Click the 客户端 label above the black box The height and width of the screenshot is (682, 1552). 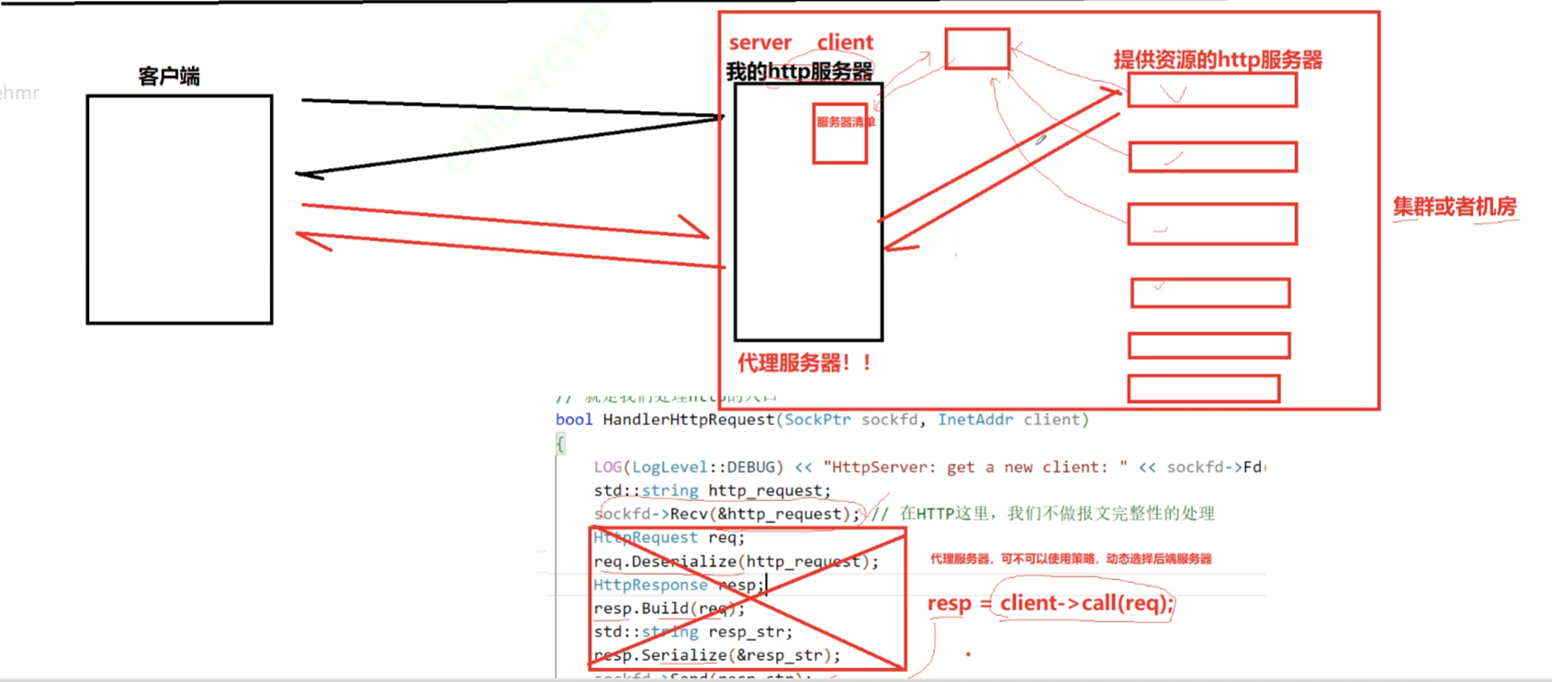(169, 76)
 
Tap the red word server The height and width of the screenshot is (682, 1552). (759, 42)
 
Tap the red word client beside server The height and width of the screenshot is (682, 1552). (845, 42)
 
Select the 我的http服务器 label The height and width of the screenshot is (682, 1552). (799, 72)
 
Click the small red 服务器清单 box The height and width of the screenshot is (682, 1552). (840, 133)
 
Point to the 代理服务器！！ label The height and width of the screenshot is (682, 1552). (804, 363)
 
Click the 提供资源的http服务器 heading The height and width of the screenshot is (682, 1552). (1218, 61)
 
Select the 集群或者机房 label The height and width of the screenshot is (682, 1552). (1454, 207)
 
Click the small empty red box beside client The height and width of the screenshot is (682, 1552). (977, 49)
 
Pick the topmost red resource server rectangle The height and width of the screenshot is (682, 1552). (1212, 91)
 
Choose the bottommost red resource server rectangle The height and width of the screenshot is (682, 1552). (1203, 388)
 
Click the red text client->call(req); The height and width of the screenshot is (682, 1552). (1086, 603)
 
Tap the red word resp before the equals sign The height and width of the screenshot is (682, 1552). (949, 603)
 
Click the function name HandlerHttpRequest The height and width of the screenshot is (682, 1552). (689, 419)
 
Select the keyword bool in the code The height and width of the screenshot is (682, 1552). (574, 419)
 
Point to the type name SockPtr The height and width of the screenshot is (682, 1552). (817, 419)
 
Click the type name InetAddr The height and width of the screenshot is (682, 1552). (974, 419)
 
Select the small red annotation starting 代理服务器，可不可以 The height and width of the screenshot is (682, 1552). (1071, 559)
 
